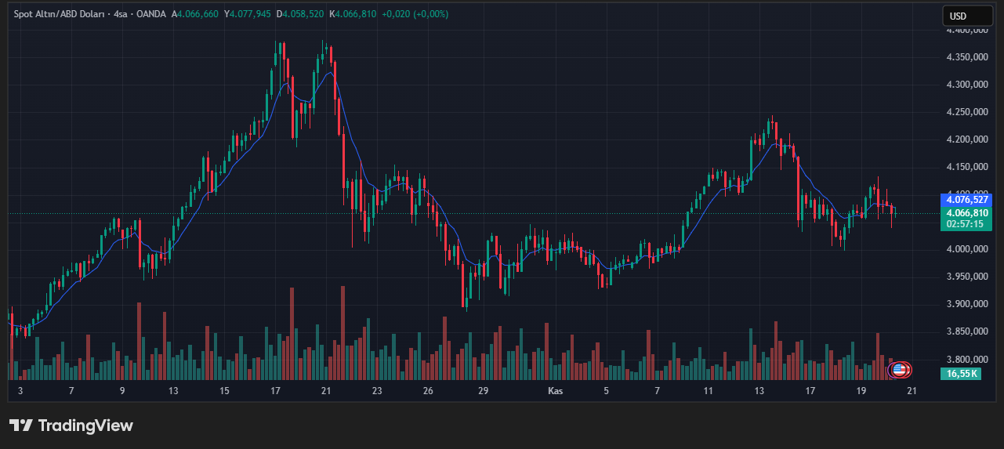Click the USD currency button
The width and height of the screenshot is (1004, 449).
(x=958, y=16)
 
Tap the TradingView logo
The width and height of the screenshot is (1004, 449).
(x=71, y=425)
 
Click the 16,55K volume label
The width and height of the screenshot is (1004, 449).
(x=962, y=374)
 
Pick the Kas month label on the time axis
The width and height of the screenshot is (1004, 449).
(x=555, y=390)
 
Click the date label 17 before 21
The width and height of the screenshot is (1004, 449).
(x=275, y=390)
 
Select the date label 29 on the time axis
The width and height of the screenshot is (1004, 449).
(x=483, y=390)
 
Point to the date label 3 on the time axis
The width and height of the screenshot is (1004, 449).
(x=20, y=390)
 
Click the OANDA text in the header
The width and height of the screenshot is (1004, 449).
(x=151, y=14)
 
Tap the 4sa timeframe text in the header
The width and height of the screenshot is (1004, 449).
(x=121, y=14)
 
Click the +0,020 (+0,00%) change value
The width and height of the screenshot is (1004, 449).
(x=415, y=14)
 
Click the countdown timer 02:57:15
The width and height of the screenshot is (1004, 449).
(x=965, y=223)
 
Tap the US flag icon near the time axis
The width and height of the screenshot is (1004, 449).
(x=899, y=369)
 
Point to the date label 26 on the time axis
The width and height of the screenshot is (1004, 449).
(x=428, y=390)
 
